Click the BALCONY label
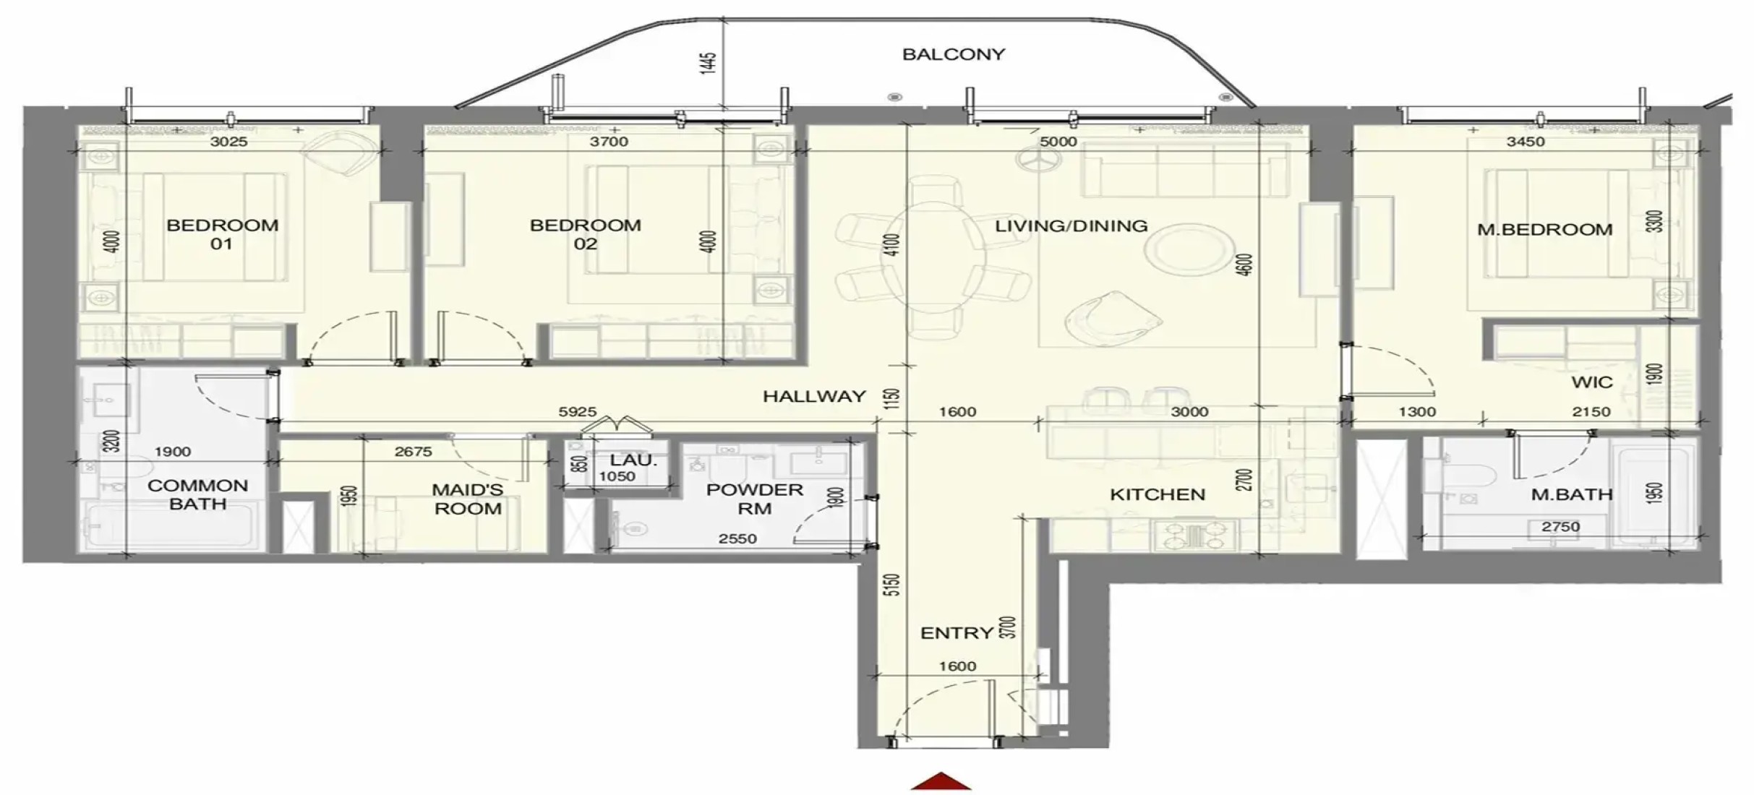954,54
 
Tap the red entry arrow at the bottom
941,781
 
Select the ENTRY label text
957,633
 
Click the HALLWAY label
814,396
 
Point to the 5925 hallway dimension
578,412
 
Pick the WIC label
1592,382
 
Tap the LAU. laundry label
633,460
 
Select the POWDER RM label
755,499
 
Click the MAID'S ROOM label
468,499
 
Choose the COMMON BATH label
197,494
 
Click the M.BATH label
1572,495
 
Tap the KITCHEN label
1158,495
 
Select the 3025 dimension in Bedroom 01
228,142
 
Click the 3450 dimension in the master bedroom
1526,142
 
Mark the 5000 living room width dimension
1058,142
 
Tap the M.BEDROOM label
1545,230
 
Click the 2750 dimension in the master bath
1561,527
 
